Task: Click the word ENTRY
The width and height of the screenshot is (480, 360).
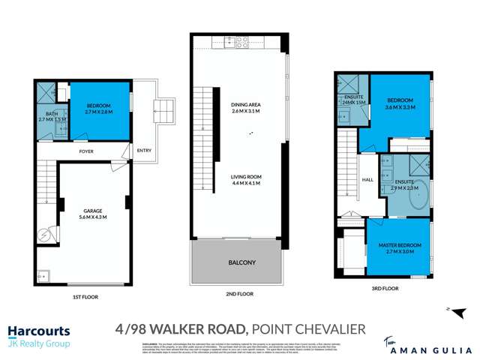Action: [x=144, y=151]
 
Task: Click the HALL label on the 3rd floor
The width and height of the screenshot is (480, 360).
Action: [x=367, y=180]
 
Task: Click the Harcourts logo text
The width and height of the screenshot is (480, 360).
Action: [x=39, y=331]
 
